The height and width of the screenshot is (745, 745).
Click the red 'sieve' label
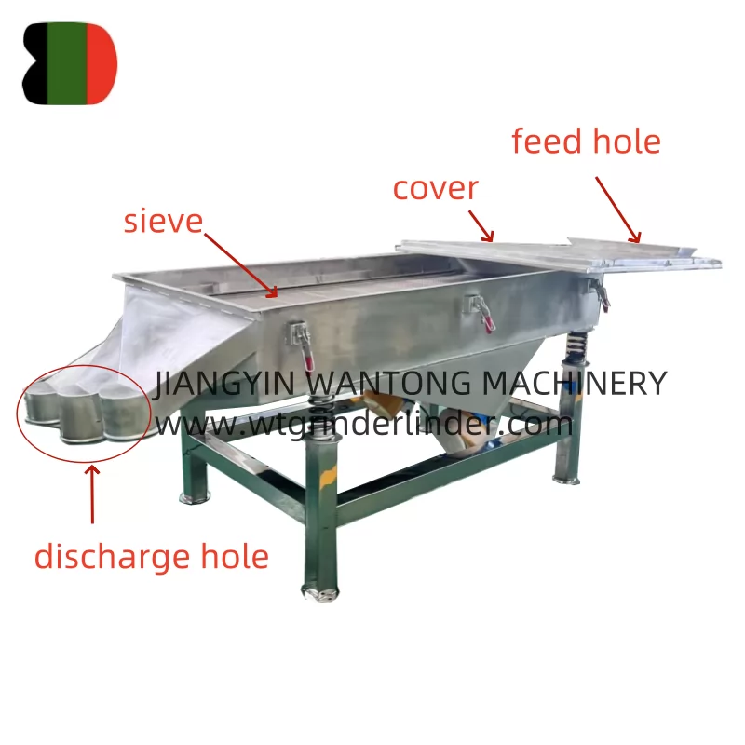(163, 222)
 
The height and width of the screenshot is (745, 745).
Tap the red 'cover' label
(435, 189)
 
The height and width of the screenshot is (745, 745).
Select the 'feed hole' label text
(586, 142)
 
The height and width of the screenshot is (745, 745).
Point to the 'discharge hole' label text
(152, 556)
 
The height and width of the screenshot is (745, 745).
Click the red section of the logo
(101, 63)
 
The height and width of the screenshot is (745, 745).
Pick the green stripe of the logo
(67, 63)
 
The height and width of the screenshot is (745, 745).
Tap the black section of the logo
(35, 63)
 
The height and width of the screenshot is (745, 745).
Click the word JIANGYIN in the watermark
(224, 383)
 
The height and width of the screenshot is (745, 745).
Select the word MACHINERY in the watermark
(575, 383)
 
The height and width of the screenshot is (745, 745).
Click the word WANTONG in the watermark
(387, 383)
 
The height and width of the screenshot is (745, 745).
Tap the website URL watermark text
(364, 424)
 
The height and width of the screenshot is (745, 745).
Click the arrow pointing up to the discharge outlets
(92, 494)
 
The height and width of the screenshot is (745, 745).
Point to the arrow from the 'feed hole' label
(618, 210)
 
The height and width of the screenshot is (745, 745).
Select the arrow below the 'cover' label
(481, 225)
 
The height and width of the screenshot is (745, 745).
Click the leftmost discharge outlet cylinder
(42, 406)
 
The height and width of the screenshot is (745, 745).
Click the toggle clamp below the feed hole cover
(600, 294)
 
